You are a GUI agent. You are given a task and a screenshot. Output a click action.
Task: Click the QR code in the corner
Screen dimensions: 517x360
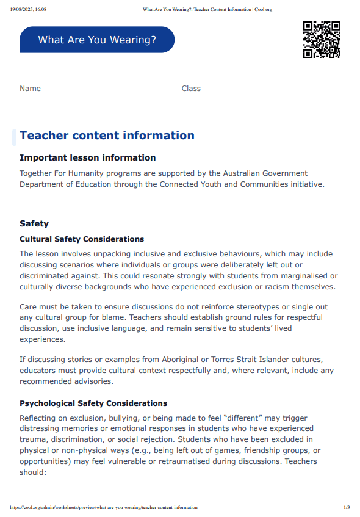point(322,40)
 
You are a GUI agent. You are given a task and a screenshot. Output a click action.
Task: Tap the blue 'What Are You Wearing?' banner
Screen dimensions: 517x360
point(97,40)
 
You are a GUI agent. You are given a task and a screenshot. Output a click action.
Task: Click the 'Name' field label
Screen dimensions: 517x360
point(30,89)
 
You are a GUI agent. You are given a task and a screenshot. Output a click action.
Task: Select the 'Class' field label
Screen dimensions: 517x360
point(191,89)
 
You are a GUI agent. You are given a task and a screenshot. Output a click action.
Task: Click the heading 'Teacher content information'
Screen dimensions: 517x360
point(107,136)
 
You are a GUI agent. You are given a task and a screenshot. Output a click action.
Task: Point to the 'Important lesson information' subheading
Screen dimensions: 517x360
point(88,157)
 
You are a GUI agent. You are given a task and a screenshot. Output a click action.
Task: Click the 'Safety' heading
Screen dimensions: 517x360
point(34,224)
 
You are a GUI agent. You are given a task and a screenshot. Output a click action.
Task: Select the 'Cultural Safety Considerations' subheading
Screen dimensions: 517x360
point(82,239)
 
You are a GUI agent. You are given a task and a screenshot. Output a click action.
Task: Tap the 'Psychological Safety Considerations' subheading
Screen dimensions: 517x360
point(93,403)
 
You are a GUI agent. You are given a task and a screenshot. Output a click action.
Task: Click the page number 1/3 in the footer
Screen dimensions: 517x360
point(347,508)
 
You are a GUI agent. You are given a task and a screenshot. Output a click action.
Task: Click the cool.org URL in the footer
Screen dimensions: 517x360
point(104,508)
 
